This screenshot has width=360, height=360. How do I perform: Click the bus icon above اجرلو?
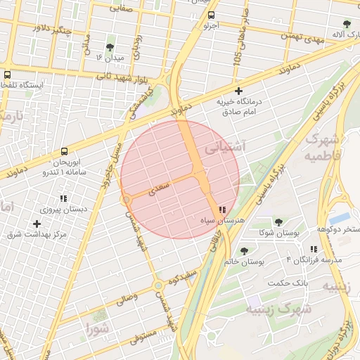[x=212, y=14]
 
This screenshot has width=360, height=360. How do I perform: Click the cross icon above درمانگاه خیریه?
[x=239, y=91]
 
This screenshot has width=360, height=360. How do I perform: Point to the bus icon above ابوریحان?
[x=65, y=151]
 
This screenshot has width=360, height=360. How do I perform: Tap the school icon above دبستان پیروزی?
[x=63, y=198]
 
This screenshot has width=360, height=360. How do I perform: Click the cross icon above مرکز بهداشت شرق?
[x=37, y=224]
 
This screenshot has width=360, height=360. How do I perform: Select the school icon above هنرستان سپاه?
[x=222, y=210]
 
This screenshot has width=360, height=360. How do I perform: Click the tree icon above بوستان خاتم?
[x=243, y=251]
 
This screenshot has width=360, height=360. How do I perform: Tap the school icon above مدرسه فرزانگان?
[x=313, y=249]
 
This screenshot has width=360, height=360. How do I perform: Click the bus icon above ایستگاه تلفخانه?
[x=7, y=75]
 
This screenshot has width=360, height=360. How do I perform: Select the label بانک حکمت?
[x=288, y=283]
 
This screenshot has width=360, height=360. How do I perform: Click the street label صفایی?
[x=122, y=8]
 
